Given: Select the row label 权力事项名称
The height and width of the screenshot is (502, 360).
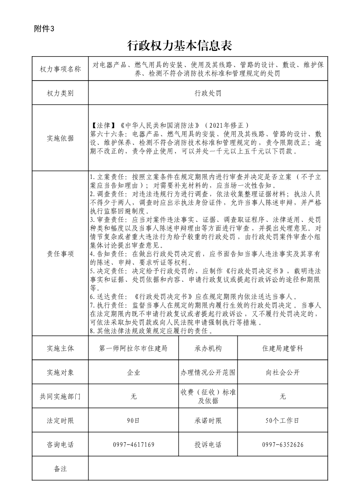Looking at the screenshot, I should pos(60,69).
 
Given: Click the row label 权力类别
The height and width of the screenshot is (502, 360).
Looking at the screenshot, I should pos(60,93).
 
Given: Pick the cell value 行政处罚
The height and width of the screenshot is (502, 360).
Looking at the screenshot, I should pos(208,93).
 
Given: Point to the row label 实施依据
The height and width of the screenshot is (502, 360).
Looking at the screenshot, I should pos(60,138).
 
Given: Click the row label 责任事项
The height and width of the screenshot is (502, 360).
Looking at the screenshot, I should pos(60,254).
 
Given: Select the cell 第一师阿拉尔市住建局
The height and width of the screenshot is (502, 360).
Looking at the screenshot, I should pos(134,348).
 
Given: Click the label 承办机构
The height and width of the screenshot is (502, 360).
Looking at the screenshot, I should pos(208,348).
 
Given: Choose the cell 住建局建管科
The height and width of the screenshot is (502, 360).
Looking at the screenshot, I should pos(282,348).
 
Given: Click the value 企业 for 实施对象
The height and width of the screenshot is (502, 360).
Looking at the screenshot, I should pos(134,373).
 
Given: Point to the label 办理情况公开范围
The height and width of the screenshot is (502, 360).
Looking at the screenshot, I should pos(208,373).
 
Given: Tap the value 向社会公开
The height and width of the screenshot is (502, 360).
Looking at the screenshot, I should pos(282,373).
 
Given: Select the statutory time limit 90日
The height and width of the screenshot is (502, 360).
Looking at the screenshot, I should pos(134,420).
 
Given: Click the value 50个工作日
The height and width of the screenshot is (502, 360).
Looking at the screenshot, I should pos(282,420).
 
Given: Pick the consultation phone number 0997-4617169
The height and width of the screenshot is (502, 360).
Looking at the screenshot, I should pos(134,444).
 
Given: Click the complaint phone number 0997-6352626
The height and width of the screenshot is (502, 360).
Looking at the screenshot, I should pos(282,444).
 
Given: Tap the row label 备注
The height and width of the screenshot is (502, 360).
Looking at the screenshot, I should pos(60,468).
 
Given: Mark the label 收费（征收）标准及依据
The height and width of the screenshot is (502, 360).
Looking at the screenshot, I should pos(208,396).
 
